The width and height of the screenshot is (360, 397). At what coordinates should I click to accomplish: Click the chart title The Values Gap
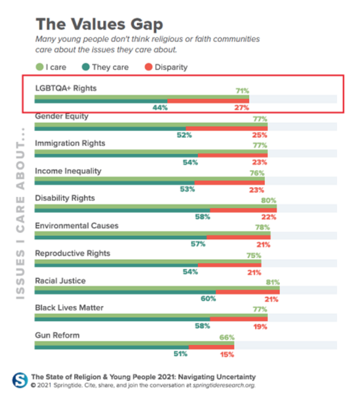99,24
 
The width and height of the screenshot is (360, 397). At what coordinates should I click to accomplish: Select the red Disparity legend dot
148,67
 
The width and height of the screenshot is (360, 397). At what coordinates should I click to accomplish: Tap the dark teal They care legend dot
86,67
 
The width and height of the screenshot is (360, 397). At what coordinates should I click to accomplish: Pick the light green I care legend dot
39,67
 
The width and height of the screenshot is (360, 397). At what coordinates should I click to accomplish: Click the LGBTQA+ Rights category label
66,88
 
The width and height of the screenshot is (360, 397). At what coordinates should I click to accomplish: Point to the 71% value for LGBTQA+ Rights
242,91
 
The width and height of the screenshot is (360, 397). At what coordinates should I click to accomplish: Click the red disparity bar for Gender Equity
227,128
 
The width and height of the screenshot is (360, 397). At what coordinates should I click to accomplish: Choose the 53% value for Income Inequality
186,189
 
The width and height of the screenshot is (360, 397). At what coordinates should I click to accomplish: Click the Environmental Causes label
77,226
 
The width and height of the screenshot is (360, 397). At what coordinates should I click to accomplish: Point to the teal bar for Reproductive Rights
115,265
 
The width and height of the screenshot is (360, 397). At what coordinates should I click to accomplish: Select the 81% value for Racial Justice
272,283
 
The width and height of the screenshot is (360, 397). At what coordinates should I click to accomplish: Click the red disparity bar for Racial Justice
247,292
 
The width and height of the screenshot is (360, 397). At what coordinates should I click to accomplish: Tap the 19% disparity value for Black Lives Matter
261,326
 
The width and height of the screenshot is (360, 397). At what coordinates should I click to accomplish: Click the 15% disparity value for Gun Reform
227,354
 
